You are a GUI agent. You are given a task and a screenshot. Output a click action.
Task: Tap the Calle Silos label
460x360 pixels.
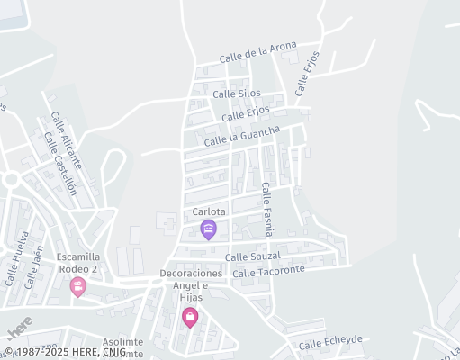(x=237, y=93)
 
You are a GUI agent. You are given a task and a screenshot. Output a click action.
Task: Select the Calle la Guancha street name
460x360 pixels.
(x=242, y=136)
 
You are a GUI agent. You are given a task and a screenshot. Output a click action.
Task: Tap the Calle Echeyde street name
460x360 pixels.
(x=330, y=342)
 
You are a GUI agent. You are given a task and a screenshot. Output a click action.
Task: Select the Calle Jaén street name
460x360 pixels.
(x=33, y=268)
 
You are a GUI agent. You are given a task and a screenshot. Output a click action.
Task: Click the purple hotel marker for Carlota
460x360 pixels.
(x=209, y=229)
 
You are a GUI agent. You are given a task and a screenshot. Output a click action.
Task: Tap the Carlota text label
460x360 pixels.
(x=209, y=212)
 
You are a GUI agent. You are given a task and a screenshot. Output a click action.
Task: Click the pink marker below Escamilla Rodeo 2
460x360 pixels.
(x=78, y=286)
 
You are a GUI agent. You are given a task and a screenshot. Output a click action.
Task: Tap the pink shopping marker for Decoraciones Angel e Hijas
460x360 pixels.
(x=190, y=316)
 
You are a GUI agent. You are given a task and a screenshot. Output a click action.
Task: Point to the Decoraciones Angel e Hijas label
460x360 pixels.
(x=191, y=284)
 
